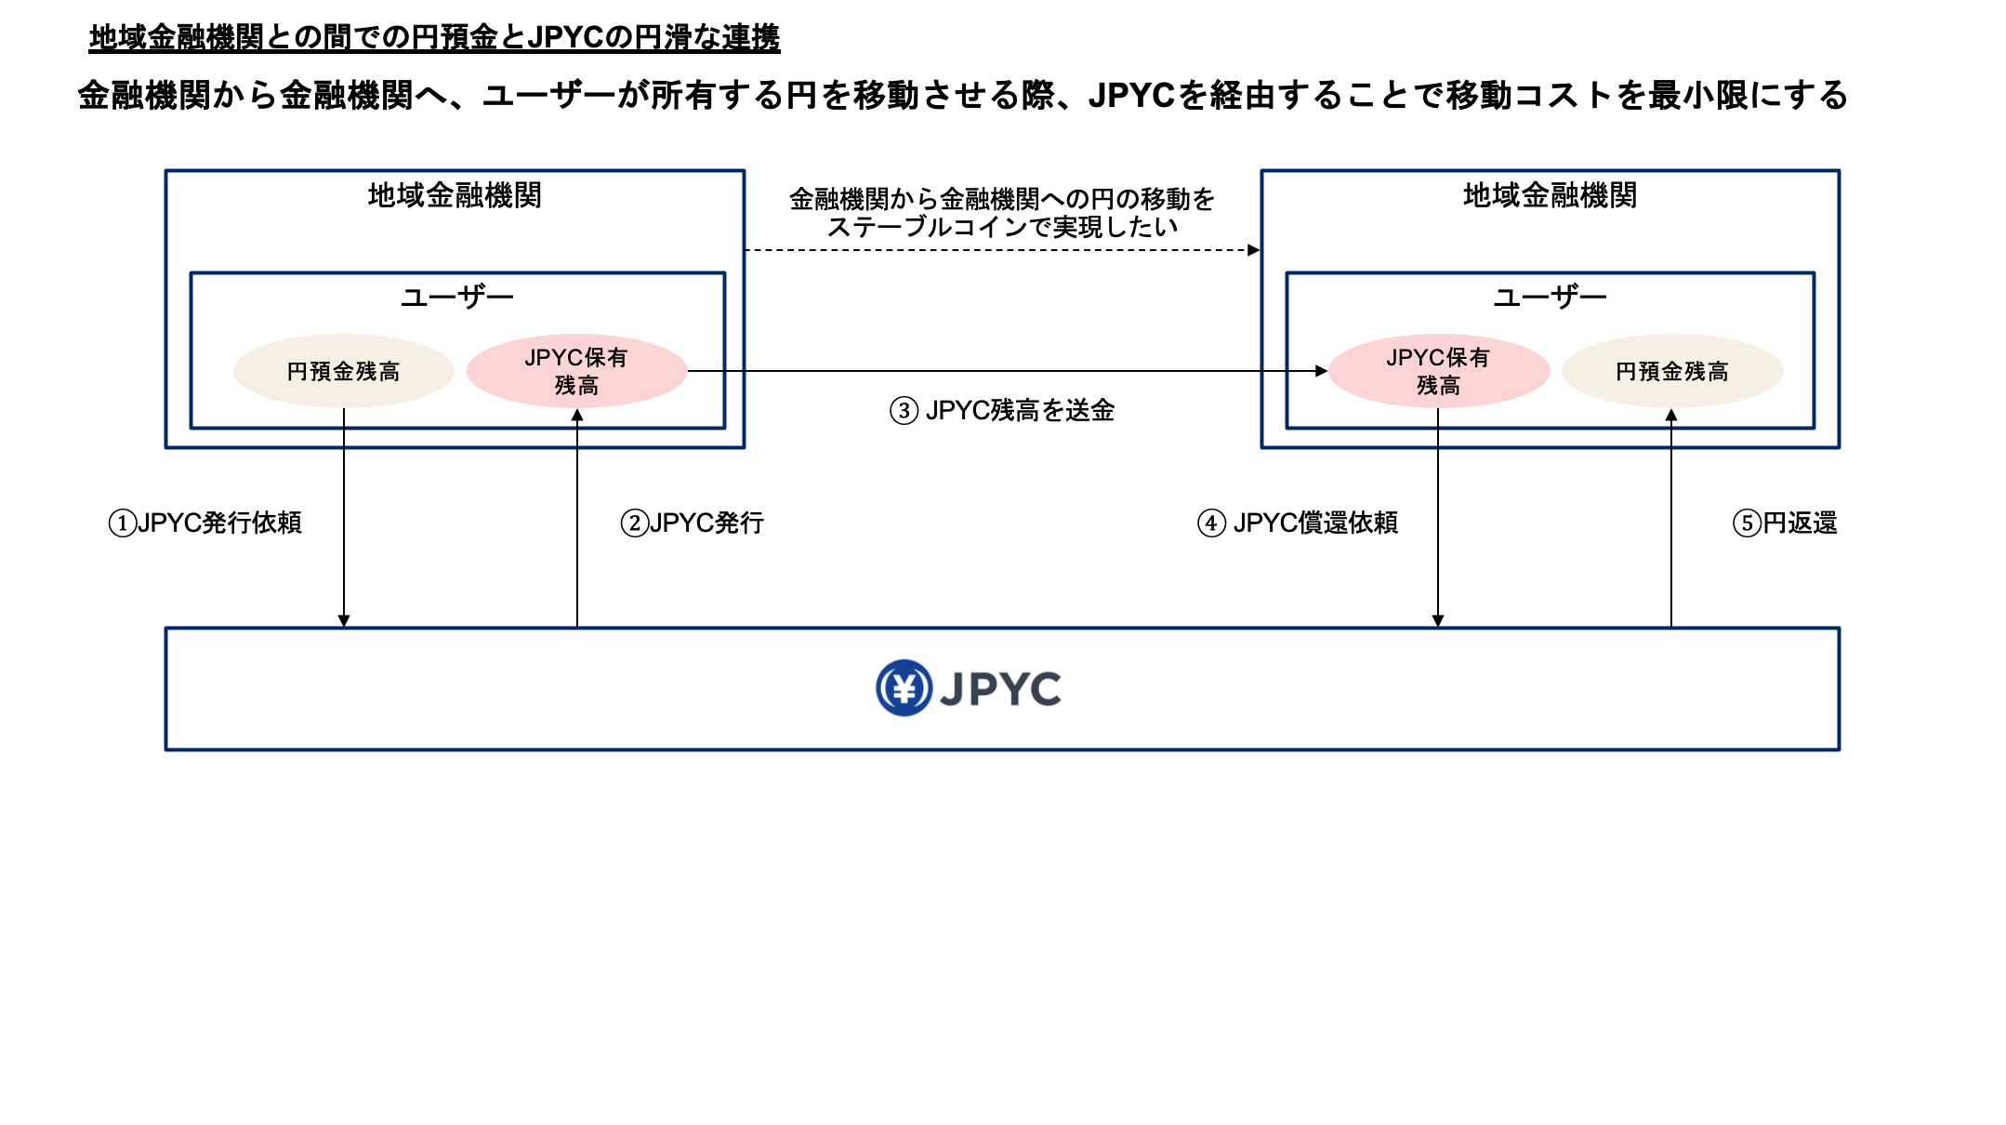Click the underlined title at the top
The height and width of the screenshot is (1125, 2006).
click(x=434, y=37)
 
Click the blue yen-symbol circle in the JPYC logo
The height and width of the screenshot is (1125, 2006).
click(x=904, y=688)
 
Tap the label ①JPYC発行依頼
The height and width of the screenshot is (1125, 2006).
click(x=205, y=523)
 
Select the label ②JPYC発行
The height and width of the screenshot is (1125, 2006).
click(x=693, y=523)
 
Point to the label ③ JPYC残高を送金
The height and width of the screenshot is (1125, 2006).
click(x=1002, y=410)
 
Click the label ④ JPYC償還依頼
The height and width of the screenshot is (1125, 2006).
click(x=1298, y=523)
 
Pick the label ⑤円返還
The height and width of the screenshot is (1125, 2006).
click(x=1785, y=523)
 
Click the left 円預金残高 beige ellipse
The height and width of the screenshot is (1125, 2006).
click(x=343, y=371)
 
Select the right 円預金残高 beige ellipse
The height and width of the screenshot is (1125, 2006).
click(x=1671, y=371)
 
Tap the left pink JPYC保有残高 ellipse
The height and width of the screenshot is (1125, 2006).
click(x=576, y=371)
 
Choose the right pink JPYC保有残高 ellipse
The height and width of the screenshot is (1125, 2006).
click(x=1438, y=371)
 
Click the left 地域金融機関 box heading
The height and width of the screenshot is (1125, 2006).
click(x=455, y=195)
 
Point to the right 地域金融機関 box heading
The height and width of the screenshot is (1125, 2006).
click(x=1550, y=195)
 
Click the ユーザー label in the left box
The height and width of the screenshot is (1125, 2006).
click(x=456, y=298)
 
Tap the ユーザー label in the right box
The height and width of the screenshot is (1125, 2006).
click(x=1550, y=298)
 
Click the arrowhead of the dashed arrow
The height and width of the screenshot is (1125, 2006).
click(x=1254, y=250)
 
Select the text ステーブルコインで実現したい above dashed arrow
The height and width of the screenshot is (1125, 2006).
click(x=1002, y=227)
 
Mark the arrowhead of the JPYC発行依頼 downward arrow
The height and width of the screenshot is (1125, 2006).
click(x=344, y=621)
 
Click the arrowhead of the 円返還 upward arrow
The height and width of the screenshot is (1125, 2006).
click(x=1671, y=416)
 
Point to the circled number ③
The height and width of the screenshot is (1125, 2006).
click(x=904, y=411)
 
